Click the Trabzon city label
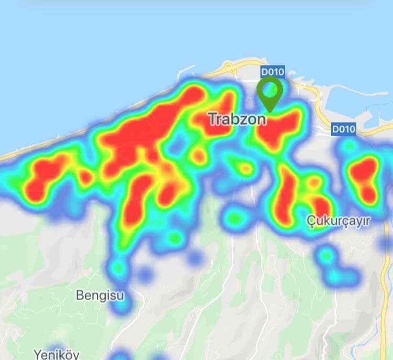point(237,119)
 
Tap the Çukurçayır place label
point(338,221)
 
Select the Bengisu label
point(100,295)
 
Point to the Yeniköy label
point(57,354)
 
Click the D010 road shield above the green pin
point(272,71)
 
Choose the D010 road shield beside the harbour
point(344,128)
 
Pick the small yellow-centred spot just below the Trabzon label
point(245,169)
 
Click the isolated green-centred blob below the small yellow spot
point(234,216)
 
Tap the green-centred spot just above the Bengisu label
point(118,269)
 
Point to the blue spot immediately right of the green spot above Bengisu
point(144,273)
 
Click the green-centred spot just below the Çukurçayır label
point(327,256)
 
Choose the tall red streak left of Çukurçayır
point(286,194)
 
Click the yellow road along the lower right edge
point(387,293)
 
